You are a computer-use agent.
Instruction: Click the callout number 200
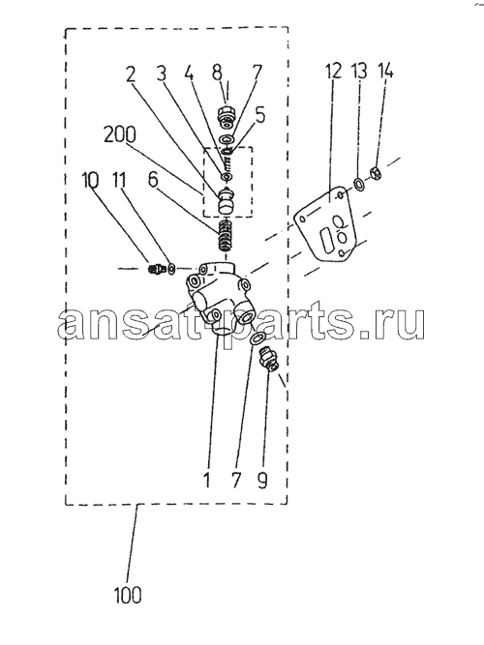tap(119, 134)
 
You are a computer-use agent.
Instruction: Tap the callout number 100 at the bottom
tap(128, 596)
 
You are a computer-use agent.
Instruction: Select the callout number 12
tap(334, 72)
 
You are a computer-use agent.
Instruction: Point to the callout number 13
tap(359, 72)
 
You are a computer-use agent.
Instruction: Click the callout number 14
tap(385, 72)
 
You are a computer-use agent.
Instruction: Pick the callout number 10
tap(90, 180)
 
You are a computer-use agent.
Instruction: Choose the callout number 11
tap(118, 180)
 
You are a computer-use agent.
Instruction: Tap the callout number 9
tap(262, 480)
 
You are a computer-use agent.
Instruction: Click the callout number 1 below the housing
tap(206, 480)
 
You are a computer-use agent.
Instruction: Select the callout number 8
tap(217, 72)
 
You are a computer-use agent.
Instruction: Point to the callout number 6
tap(153, 180)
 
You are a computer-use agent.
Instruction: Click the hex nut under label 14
tap(376, 172)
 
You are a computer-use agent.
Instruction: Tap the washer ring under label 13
tap(358, 184)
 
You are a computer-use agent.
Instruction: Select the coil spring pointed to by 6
tap(225, 236)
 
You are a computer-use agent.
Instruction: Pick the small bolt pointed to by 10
tap(156, 269)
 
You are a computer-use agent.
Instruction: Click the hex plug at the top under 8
tap(226, 116)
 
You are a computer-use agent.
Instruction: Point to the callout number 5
tap(260, 116)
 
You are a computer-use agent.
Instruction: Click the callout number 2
tap(131, 74)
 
